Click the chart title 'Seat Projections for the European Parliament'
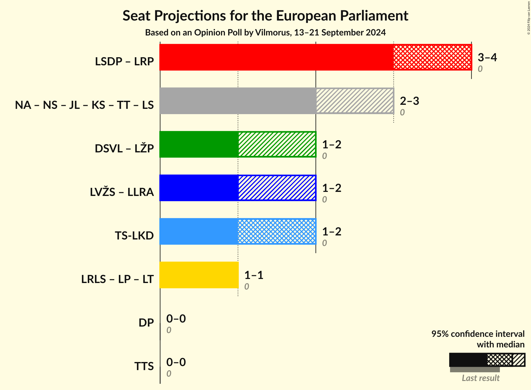[x=265, y=16]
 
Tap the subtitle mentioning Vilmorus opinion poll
[x=265, y=32]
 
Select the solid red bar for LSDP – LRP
[x=276, y=57]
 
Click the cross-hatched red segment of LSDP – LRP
[x=432, y=57]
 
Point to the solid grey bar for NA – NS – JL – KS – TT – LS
[x=238, y=101]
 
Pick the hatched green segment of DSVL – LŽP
[x=277, y=144]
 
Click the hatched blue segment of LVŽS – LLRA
[x=277, y=188]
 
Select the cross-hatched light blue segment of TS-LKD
[x=277, y=231]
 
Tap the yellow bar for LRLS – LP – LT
[x=199, y=275]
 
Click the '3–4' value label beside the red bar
[x=487, y=57]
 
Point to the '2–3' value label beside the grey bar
[x=409, y=101]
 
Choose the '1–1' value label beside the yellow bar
[x=254, y=275]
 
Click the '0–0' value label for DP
[x=176, y=318]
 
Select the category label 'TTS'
[x=144, y=366]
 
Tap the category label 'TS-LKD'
[x=134, y=236]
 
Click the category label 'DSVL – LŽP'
[x=124, y=149]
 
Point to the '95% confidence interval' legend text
[x=478, y=334]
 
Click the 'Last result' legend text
[x=480, y=378]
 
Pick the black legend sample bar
[x=468, y=360]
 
